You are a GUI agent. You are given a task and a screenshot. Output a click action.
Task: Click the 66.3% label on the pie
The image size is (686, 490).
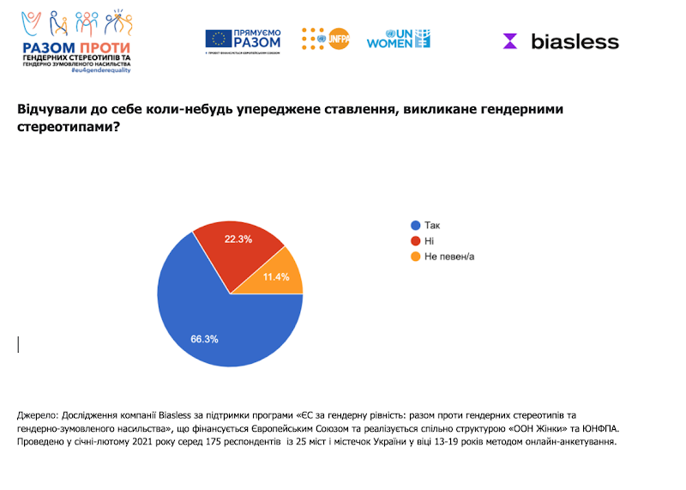(x=204, y=339)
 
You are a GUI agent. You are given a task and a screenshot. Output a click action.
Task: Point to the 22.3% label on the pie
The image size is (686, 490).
(x=238, y=239)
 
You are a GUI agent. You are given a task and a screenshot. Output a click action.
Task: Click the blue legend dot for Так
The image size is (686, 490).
(x=416, y=226)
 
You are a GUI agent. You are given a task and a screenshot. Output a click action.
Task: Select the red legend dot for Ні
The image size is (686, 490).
(x=416, y=241)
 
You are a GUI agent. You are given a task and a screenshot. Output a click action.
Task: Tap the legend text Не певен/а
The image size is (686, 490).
(x=449, y=257)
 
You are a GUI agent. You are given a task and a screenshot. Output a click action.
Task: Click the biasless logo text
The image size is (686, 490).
(x=574, y=40)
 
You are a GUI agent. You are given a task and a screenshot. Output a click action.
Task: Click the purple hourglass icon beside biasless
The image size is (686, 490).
(x=510, y=41)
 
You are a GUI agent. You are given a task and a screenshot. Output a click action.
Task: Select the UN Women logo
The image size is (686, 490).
(x=399, y=39)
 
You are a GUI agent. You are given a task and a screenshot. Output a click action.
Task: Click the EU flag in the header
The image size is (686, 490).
(x=218, y=39)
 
